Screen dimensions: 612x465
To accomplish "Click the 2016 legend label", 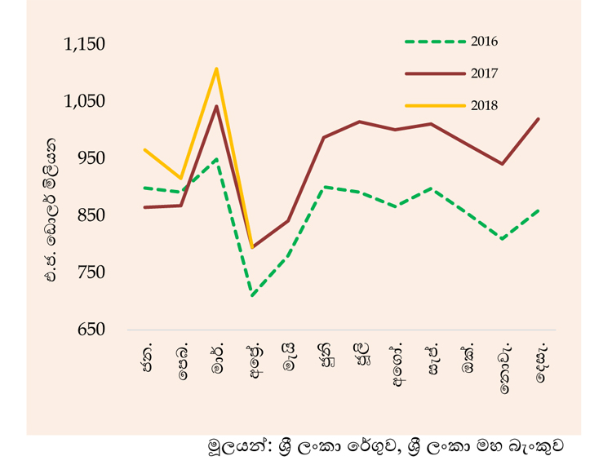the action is [x=484, y=42].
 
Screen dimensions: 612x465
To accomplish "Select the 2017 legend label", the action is [x=484, y=73].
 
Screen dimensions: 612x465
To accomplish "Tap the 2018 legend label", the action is [x=484, y=105].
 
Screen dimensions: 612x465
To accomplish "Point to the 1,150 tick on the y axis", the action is [x=84, y=44].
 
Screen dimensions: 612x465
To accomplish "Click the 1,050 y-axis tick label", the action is [x=84, y=101].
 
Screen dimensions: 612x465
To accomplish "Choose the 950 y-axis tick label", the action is [x=91, y=158].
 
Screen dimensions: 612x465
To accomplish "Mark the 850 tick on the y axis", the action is [x=91, y=215].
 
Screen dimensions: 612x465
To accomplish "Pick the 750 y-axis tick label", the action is [x=91, y=272].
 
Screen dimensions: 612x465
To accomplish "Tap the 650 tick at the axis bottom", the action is [x=91, y=330].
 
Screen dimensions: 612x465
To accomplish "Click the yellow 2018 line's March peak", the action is [x=216, y=69].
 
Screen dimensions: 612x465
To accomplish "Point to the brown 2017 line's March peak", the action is [x=216, y=106].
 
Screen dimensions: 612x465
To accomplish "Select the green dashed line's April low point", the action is [x=252, y=295].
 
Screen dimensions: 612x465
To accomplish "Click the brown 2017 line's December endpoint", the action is [x=539, y=118].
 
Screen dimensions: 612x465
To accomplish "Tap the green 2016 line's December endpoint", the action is [x=539, y=210].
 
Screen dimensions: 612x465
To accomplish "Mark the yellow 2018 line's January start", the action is [x=144, y=150].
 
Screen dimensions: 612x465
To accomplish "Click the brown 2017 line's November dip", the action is [x=503, y=164].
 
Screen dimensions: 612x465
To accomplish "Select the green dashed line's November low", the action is [x=503, y=238].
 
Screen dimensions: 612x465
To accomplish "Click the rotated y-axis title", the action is [x=51, y=210].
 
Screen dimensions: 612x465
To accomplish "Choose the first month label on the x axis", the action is [x=147, y=357].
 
